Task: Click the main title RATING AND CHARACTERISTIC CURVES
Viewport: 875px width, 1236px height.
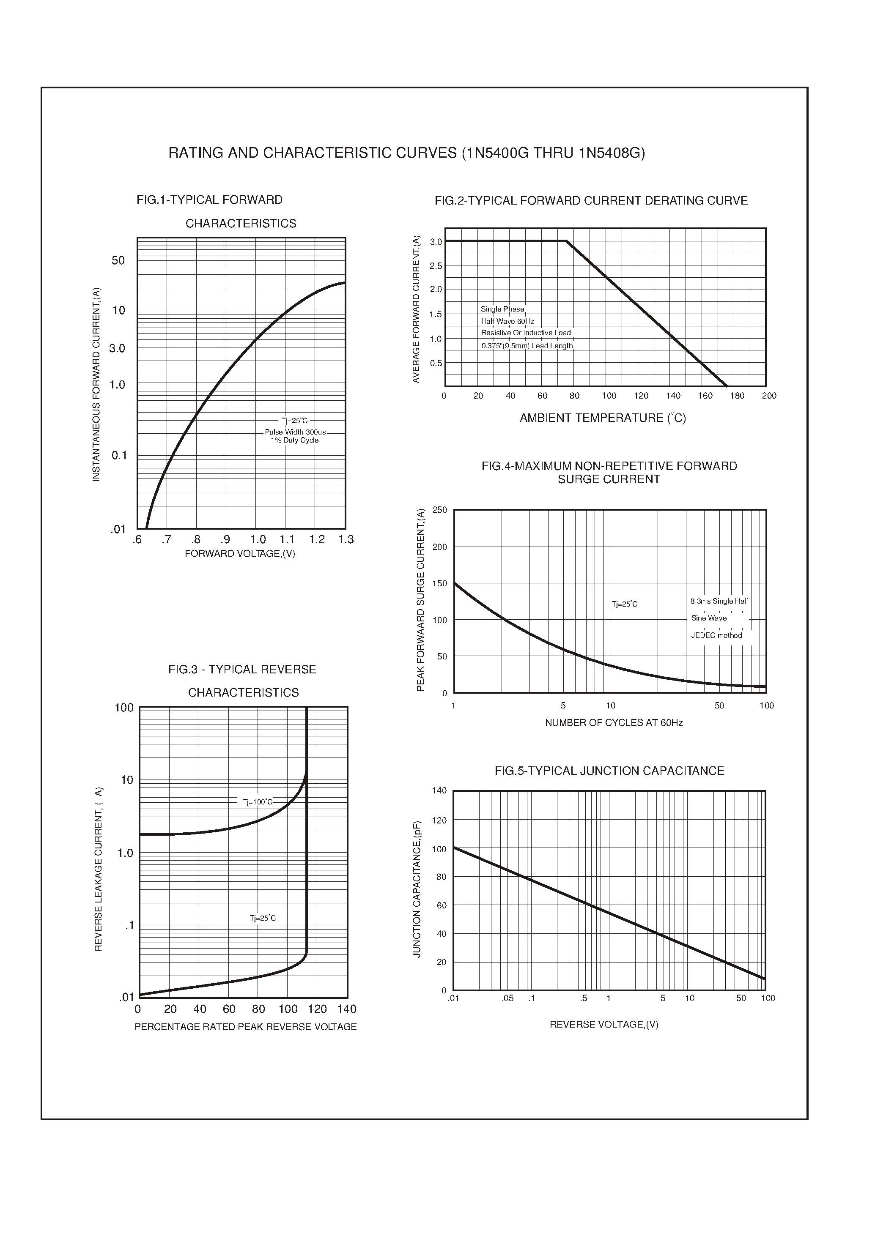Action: [406, 153]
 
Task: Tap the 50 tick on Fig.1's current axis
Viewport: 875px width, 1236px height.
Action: [118, 261]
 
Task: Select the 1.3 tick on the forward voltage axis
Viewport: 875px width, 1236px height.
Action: [346, 540]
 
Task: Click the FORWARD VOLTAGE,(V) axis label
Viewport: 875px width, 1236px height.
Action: [240, 554]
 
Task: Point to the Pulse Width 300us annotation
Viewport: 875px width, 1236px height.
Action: [295, 432]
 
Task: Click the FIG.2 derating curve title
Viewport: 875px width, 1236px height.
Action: [591, 201]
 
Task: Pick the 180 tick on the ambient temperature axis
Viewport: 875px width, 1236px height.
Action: [737, 396]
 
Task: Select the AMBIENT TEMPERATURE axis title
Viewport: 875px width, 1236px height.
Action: [602, 418]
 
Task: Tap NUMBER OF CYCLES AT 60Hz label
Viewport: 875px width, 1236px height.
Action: [614, 723]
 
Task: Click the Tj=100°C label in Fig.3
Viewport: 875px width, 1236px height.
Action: [258, 802]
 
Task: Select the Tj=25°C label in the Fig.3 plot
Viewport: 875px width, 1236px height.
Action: [262, 918]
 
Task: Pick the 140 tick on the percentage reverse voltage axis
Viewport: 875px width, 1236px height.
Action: [347, 1009]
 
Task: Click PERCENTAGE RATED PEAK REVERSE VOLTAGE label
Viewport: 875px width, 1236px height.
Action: [245, 1027]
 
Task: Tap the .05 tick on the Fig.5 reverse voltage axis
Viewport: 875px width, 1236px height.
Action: [507, 998]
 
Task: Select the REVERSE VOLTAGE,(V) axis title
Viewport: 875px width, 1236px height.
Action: [604, 1024]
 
